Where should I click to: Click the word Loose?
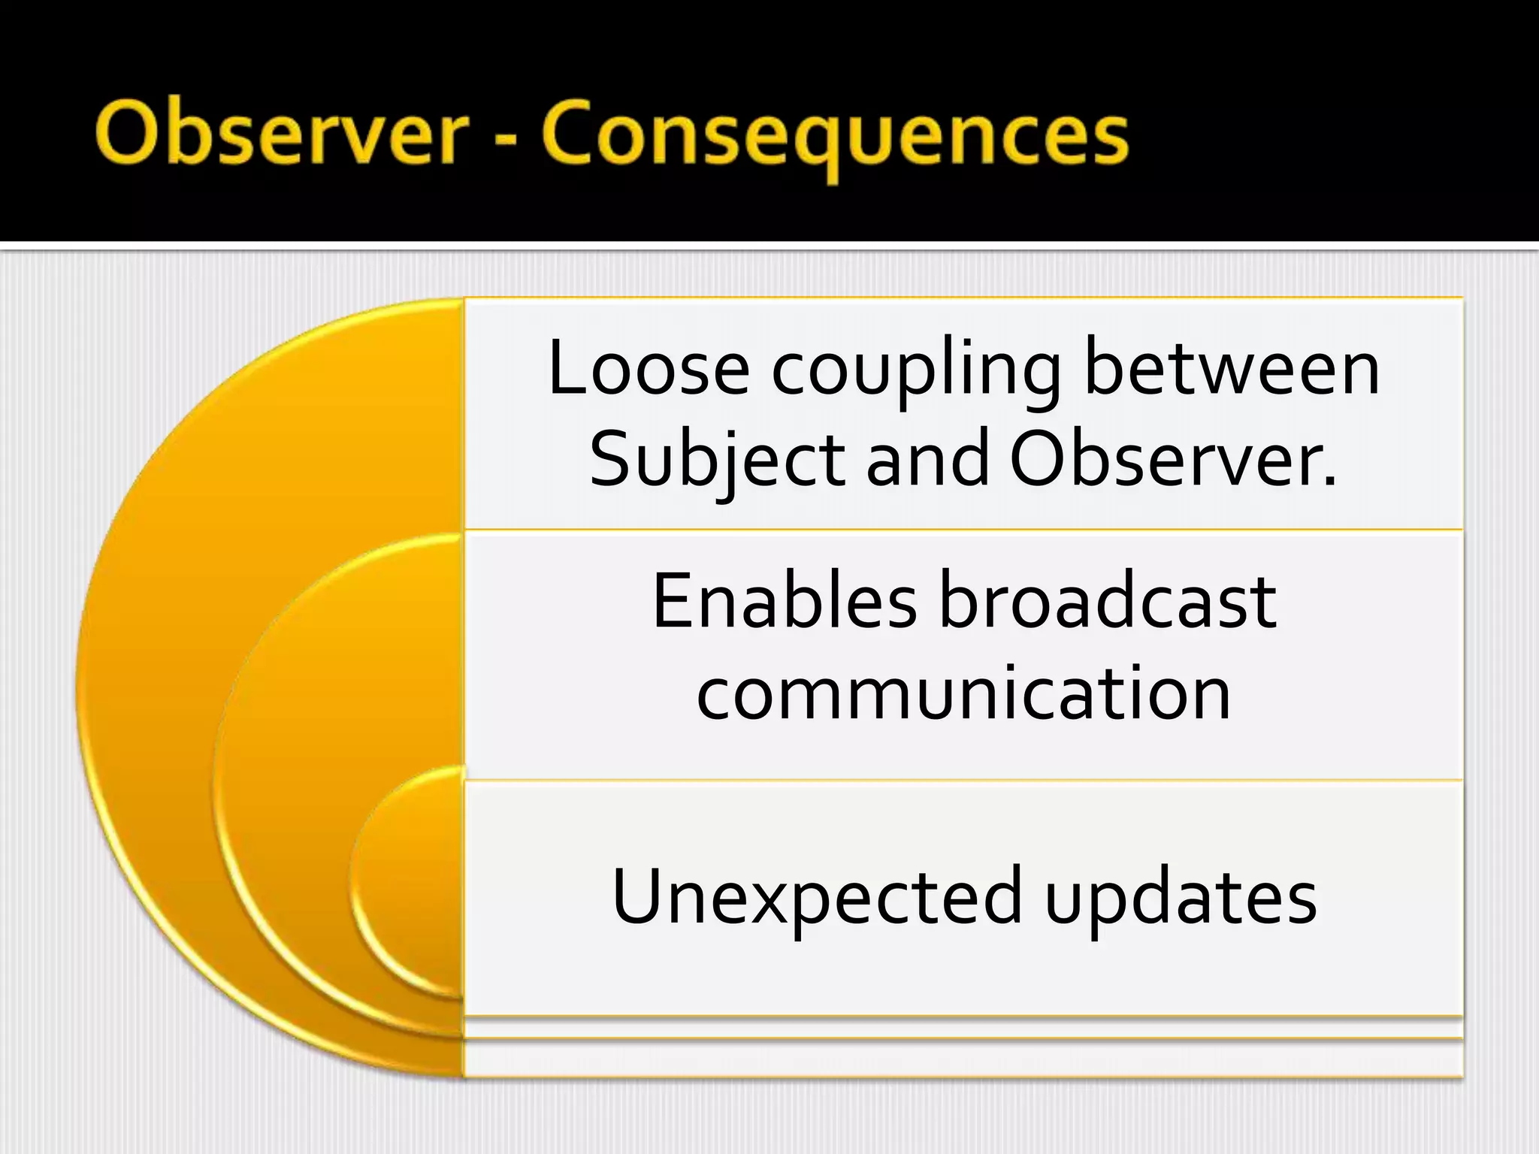coord(649,368)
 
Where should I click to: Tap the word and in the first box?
coord(927,460)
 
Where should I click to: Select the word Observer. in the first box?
coord(1173,460)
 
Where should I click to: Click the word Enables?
coord(784,601)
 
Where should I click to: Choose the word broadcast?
coord(1108,601)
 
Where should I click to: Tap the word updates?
coord(1181,897)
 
